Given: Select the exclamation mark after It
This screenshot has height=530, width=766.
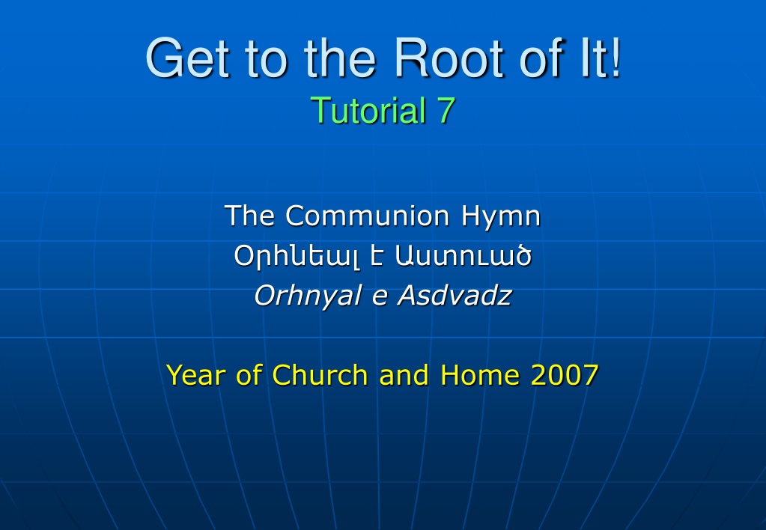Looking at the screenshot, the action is (x=615, y=57).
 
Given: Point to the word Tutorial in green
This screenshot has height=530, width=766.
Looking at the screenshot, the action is (x=368, y=110).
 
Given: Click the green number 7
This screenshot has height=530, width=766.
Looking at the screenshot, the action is (x=447, y=110).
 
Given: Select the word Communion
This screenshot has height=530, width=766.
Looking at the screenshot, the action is (x=367, y=216).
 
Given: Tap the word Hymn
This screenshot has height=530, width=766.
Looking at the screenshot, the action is (x=501, y=218).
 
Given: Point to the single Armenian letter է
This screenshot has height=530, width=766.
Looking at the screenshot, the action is (x=376, y=255).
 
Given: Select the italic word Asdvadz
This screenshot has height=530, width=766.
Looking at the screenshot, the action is (x=455, y=296).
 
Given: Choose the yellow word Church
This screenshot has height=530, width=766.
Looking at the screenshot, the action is (x=320, y=375).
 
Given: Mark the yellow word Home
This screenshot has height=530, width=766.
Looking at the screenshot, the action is (x=480, y=375).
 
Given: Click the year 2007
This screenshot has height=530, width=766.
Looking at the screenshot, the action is (x=565, y=375).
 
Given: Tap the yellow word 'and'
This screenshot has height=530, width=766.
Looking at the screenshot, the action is (x=404, y=375).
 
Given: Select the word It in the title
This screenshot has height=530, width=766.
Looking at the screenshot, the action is (x=593, y=57).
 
